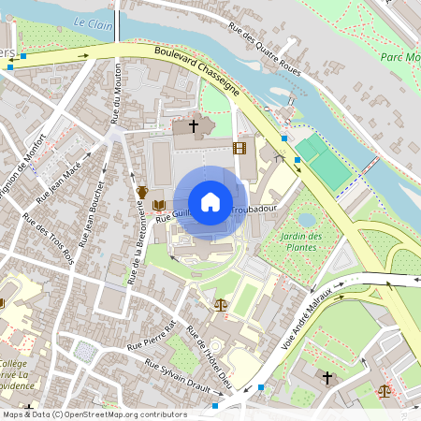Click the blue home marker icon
[210, 202]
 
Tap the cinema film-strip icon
[240, 148]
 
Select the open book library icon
[159, 204]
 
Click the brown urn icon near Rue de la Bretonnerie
[141, 191]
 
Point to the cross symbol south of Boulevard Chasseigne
[194, 124]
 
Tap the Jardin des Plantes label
[300, 241]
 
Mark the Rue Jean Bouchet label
[92, 217]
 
